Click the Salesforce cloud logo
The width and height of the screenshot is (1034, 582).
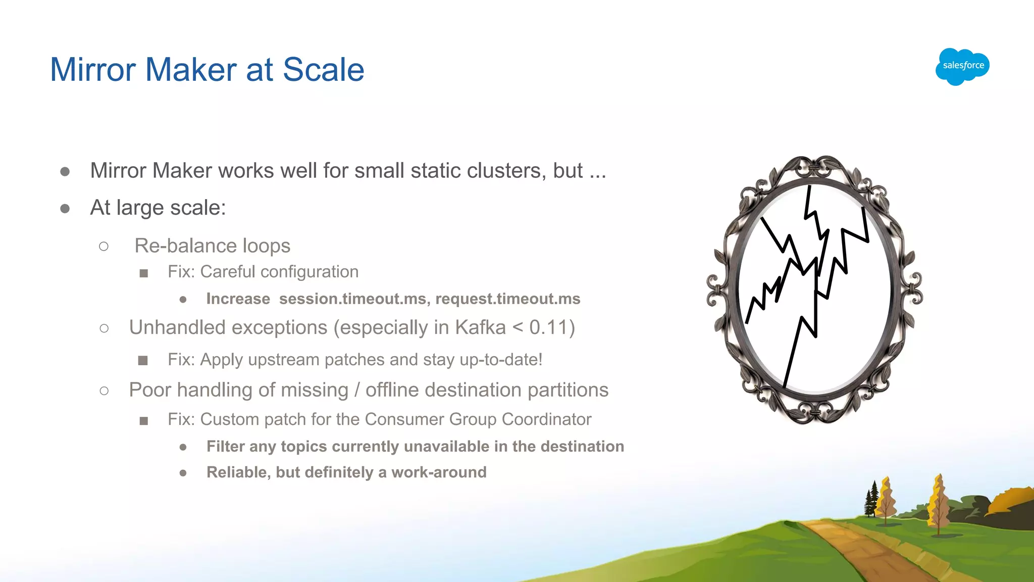pyautogui.click(x=962, y=66)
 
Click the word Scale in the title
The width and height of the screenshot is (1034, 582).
pyautogui.click(x=323, y=70)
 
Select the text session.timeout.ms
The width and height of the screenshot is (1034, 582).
pyautogui.click(x=352, y=299)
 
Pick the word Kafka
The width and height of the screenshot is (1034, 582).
pyautogui.click(x=480, y=327)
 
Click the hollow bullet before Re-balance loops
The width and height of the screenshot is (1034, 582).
pyautogui.click(x=104, y=247)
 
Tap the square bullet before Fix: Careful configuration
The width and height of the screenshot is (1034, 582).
pyautogui.click(x=144, y=273)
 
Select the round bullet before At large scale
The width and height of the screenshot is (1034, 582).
pyautogui.click(x=65, y=209)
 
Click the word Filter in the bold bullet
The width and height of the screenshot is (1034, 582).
pyautogui.click(x=225, y=447)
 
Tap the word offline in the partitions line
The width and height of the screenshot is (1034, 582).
pyautogui.click(x=392, y=390)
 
